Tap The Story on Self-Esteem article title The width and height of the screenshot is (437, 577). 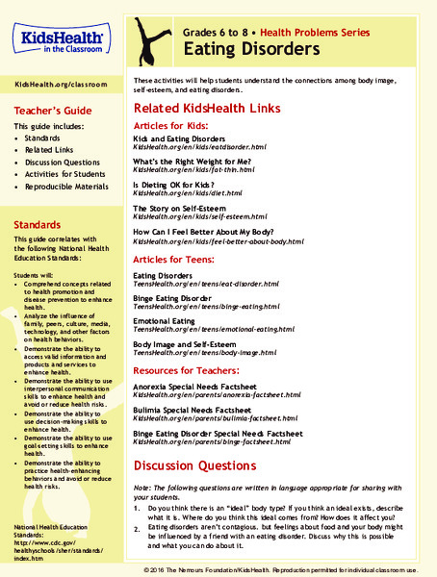tap(185, 207)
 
